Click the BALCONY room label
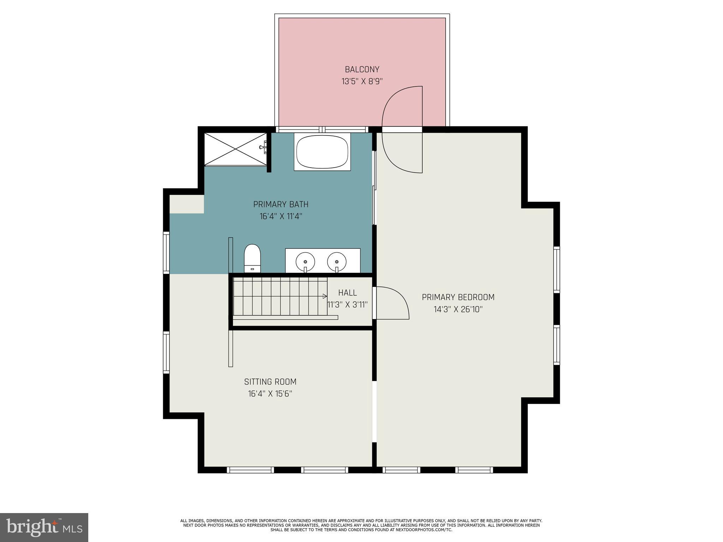point(362,69)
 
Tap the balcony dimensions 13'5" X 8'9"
point(362,82)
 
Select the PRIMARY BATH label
point(281,204)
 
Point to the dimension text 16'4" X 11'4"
point(281,216)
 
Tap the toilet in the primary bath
point(252,258)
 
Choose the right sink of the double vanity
point(336,261)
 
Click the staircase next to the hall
point(279,296)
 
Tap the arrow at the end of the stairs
point(324,296)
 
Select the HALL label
point(347,293)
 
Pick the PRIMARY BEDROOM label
point(458,297)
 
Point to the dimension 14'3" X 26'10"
point(458,309)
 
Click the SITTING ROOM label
point(270,381)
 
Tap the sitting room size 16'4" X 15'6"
point(270,394)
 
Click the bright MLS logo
point(44,527)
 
